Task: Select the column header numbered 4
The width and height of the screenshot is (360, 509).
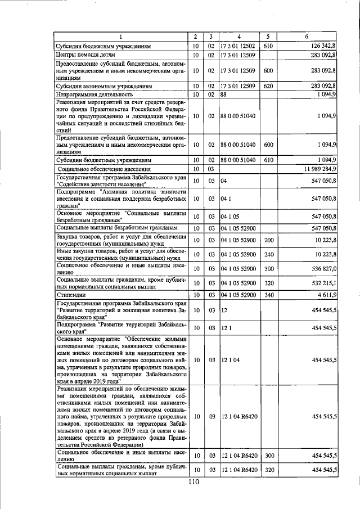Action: click(238, 37)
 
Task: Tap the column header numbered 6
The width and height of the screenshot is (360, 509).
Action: click(307, 37)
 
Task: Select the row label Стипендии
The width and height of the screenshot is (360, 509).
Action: click(70, 295)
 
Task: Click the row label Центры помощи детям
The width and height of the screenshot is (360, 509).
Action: click(85, 55)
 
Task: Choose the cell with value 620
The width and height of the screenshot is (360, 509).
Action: click(268, 87)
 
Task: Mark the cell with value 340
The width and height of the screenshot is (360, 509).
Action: click(268, 295)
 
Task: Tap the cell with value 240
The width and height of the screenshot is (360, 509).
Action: click(268, 255)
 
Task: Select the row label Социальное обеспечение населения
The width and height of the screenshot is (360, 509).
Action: click(104, 169)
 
